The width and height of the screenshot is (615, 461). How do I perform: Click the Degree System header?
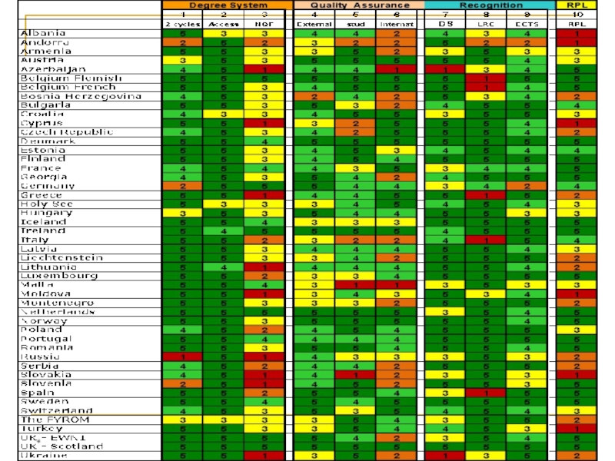pos(224,5)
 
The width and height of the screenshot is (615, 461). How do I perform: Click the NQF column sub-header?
pos(264,25)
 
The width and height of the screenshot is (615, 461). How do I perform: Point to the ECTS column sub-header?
pos(527,25)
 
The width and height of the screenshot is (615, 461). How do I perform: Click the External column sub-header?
pos(314,25)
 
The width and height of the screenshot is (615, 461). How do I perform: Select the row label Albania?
pos(43,33)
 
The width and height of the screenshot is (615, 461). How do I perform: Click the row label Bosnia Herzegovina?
pos(81,96)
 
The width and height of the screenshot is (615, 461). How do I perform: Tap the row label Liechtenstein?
pos(61,257)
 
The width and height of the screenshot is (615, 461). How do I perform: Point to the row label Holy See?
pos(48,204)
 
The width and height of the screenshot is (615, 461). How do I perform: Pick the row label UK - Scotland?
pos(61,446)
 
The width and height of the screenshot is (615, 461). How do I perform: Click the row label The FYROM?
pos(55,420)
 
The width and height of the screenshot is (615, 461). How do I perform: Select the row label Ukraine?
pos(44,455)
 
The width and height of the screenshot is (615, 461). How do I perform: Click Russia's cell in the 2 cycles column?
pos(183,357)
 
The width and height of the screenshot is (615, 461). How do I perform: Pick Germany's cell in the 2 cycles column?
pos(183,186)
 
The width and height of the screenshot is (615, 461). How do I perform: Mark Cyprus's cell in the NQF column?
pos(264,123)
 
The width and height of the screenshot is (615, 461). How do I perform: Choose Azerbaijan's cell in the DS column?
pos(444,69)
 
